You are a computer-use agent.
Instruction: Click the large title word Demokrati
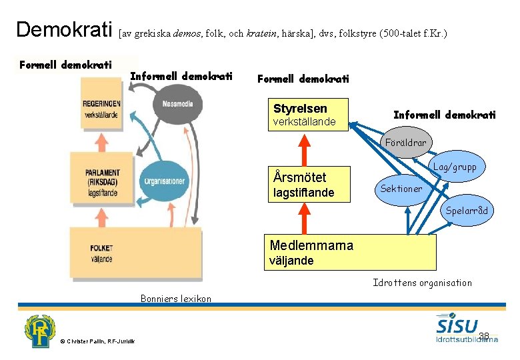[64, 30]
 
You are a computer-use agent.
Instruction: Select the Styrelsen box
[311, 115]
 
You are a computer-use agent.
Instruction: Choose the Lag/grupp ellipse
[455, 167]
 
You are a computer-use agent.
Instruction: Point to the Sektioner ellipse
[401, 189]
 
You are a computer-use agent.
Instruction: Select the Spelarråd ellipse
[467, 211]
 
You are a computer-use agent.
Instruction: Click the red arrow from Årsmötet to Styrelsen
[304, 149]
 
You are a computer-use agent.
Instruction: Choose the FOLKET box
[101, 253]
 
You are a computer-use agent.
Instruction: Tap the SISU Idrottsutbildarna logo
[466, 328]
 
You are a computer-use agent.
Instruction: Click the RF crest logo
[40, 331]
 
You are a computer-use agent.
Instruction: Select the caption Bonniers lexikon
[175, 298]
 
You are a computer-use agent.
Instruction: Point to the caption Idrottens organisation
[422, 283]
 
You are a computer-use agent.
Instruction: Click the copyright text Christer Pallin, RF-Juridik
[97, 341]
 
